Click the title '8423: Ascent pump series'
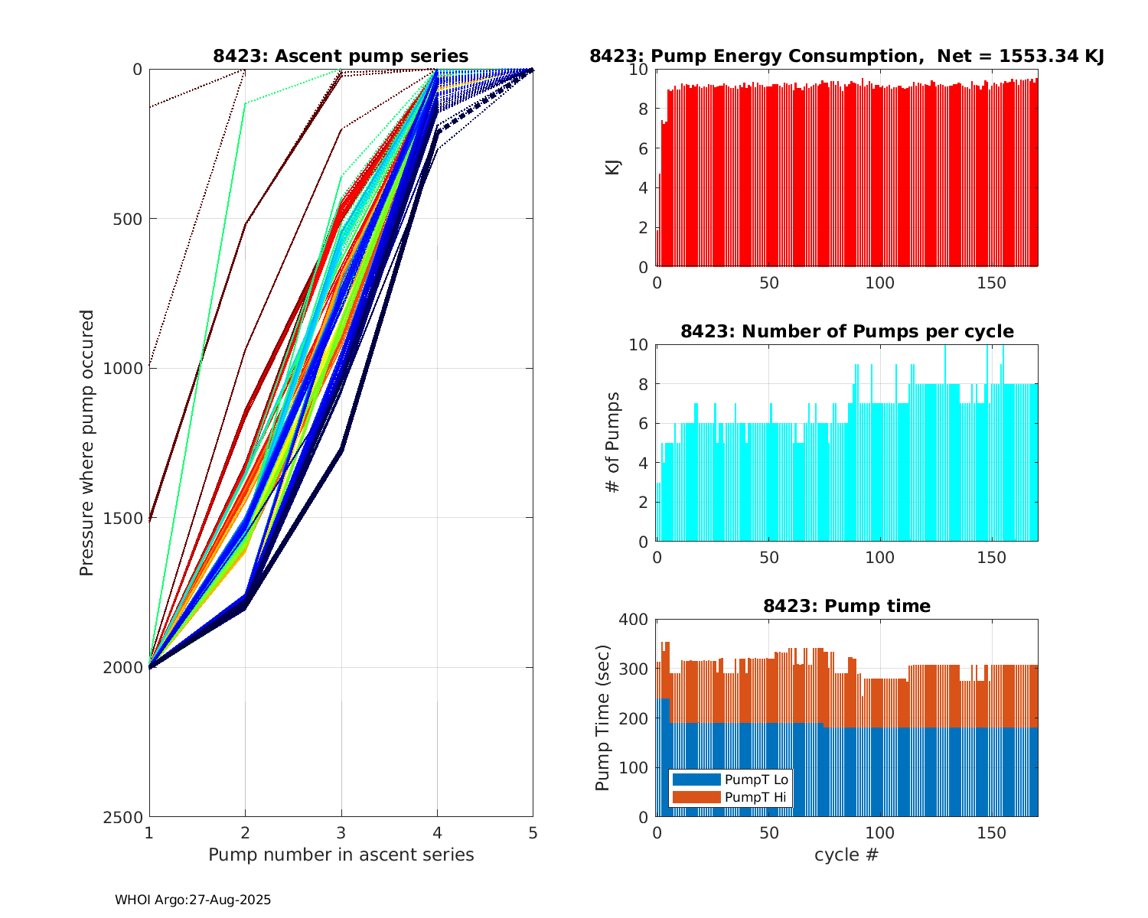[341, 56]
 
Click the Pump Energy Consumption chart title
[846, 56]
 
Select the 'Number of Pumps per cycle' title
[846, 331]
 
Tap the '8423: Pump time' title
[846, 606]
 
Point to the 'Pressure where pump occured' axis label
[86, 443]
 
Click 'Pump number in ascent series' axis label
[341, 855]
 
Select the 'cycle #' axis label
[846, 855]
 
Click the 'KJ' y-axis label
[613, 168]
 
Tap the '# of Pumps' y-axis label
[613, 443]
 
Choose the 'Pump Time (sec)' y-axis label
[603, 718]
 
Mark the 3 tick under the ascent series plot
[341, 832]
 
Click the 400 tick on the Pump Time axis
[637, 620]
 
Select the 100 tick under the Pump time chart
[879, 832]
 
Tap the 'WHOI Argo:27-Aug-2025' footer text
[193, 900]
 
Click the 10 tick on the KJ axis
[641, 70]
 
